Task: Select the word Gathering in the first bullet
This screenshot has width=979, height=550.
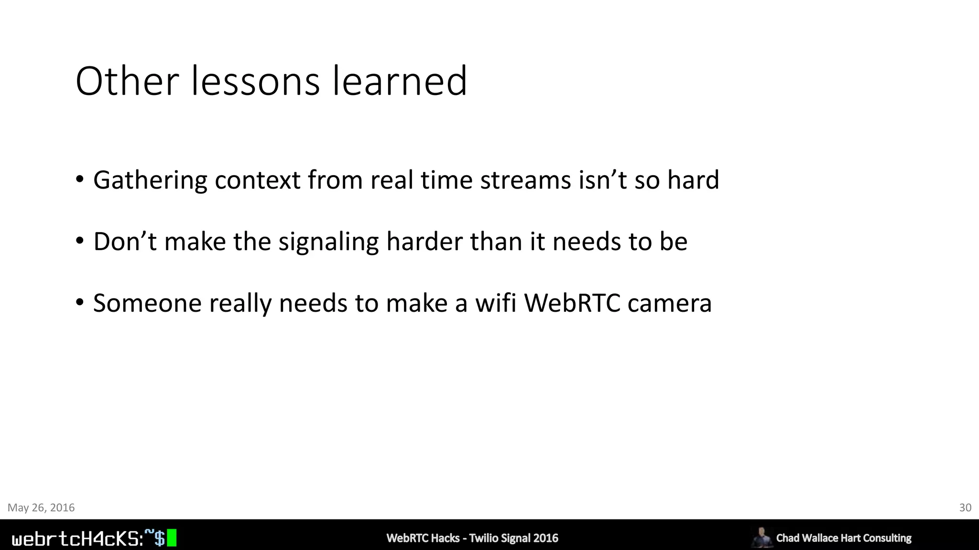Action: coord(150,180)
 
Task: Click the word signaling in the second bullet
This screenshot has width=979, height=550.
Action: coord(328,242)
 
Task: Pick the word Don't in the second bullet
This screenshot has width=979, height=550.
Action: coord(125,242)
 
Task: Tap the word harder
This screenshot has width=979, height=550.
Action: coord(424,242)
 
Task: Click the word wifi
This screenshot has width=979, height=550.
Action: coord(495,303)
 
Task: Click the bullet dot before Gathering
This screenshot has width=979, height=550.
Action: coord(80,181)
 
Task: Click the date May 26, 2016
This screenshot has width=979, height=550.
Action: coord(41,508)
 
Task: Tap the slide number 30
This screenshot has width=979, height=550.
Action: coord(965,508)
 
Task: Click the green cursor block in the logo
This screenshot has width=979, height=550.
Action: coord(172,538)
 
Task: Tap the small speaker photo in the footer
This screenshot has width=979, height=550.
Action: coord(761,537)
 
